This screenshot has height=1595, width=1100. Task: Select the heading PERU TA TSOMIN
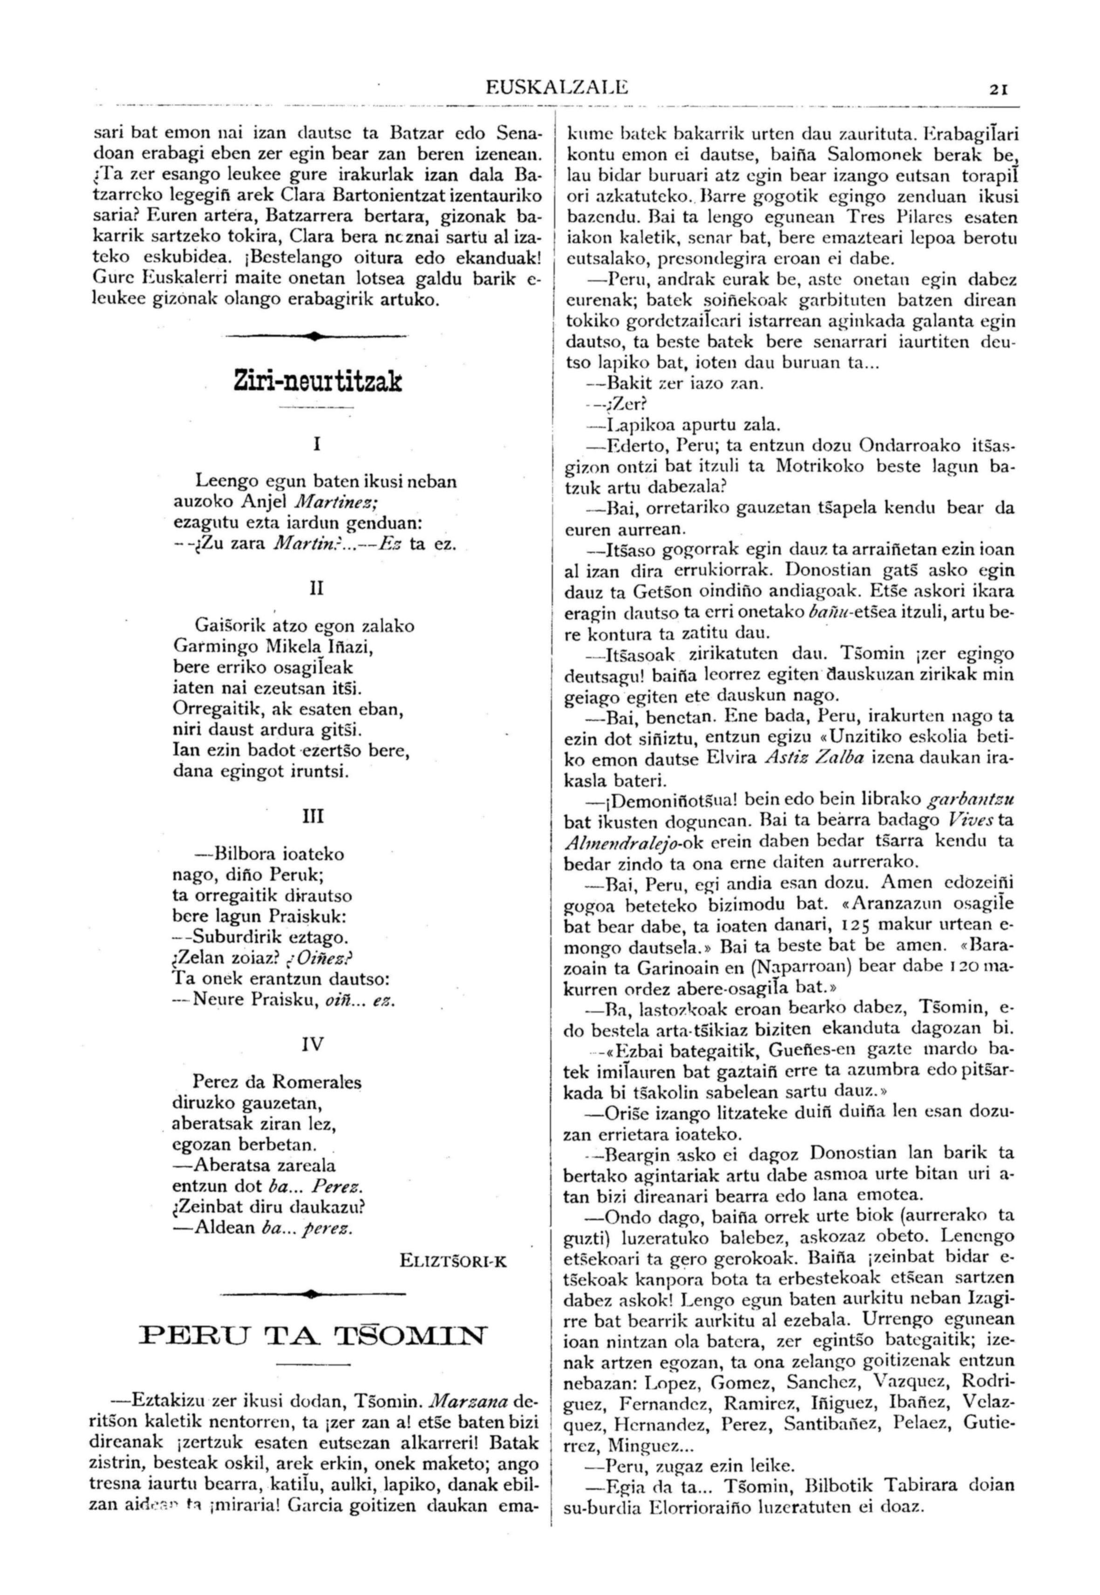[313, 1335]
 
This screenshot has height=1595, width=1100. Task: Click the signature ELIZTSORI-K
[453, 1262]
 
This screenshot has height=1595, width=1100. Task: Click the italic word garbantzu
[971, 800]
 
